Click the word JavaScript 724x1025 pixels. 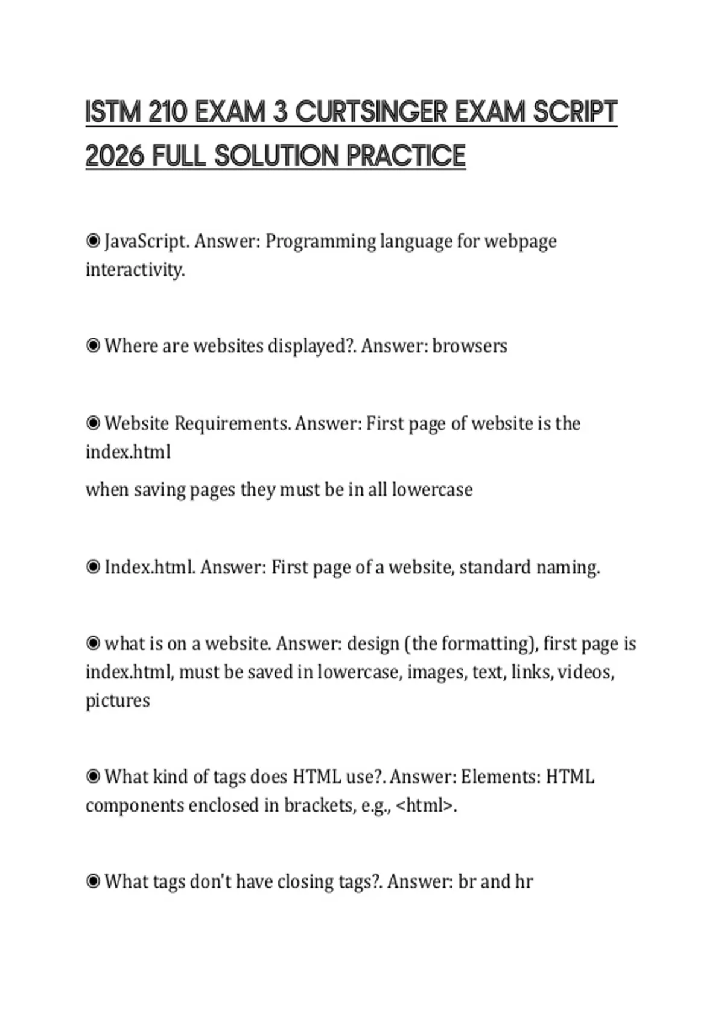147,242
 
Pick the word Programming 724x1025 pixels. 320,242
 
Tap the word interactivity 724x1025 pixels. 135,270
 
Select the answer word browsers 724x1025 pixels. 469,346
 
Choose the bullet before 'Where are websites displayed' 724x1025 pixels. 93,346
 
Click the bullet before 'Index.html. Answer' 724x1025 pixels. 93,567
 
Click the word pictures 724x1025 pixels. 118,701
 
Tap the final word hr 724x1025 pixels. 524,882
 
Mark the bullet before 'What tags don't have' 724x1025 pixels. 93,882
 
